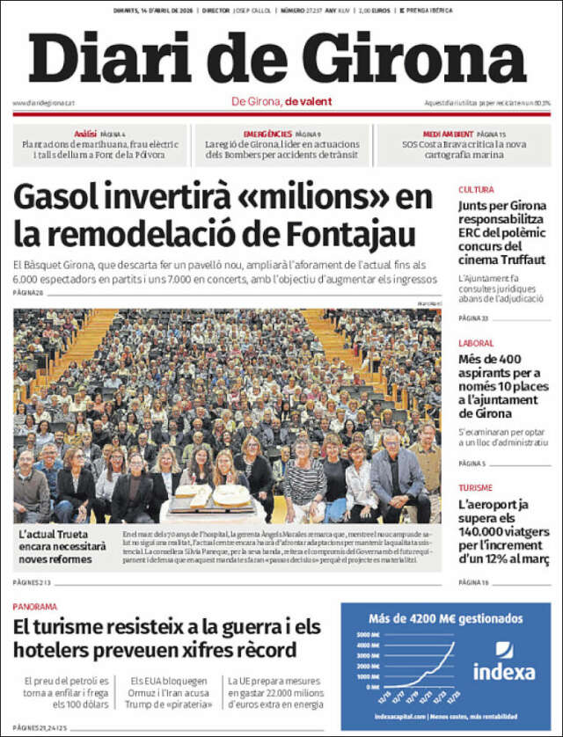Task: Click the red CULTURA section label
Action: (x=476, y=189)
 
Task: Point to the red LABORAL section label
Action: (x=476, y=344)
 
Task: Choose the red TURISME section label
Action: (x=476, y=487)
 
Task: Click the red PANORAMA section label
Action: (x=35, y=606)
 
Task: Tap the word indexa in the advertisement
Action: (x=504, y=673)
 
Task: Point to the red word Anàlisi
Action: (x=85, y=133)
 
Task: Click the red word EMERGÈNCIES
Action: (x=267, y=133)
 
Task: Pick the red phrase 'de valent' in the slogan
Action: (x=308, y=101)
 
